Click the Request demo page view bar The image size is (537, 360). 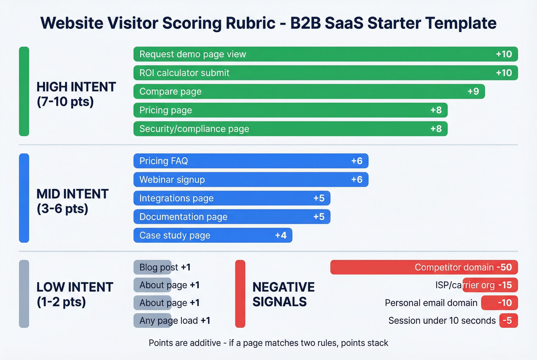tap(325, 54)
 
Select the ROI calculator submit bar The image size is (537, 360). tap(325, 73)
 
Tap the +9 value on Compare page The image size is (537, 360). tap(473, 91)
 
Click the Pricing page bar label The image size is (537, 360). tap(166, 110)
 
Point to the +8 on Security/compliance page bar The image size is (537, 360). tap(436, 129)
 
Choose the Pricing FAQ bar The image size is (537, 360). tap(250, 161)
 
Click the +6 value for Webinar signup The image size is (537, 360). tap(357, 179)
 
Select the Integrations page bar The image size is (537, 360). tap(232, 198)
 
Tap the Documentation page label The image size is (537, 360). tap(183, 217)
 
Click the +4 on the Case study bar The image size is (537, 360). tap(281, 235)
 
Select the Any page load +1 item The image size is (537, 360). tap(175, 321)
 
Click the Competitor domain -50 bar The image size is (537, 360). tap(424, 267)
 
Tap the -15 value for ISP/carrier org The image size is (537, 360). tap(505, 285)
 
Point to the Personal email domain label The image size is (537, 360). tap(431, 303)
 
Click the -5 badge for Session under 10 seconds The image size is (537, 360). tap(508, 321)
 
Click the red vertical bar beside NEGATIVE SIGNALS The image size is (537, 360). tap(240, 294)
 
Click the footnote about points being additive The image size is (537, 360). tap(268, 343)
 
